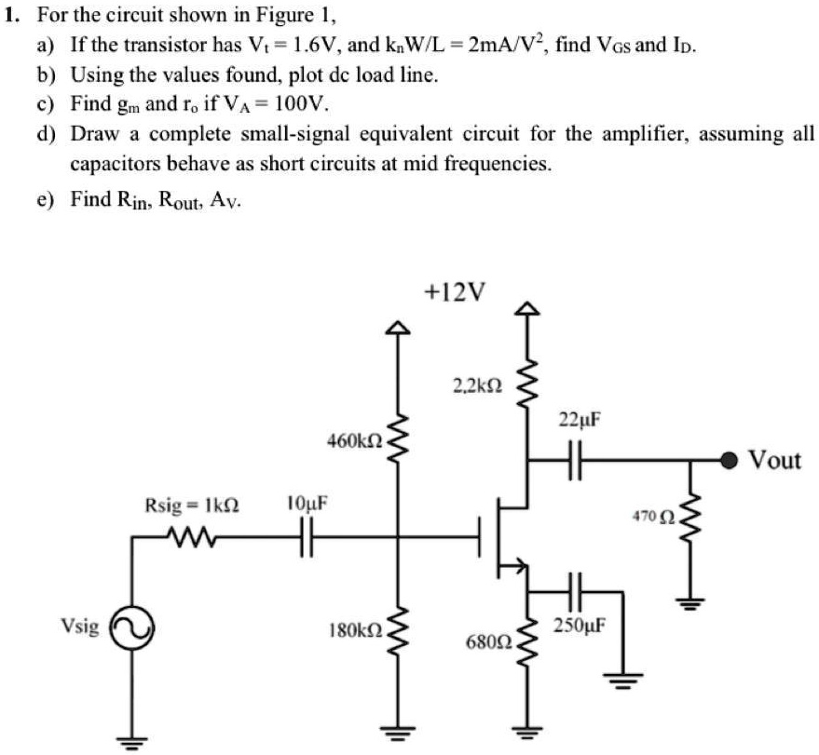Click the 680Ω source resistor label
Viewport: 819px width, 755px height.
487,642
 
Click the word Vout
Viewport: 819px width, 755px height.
775,460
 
